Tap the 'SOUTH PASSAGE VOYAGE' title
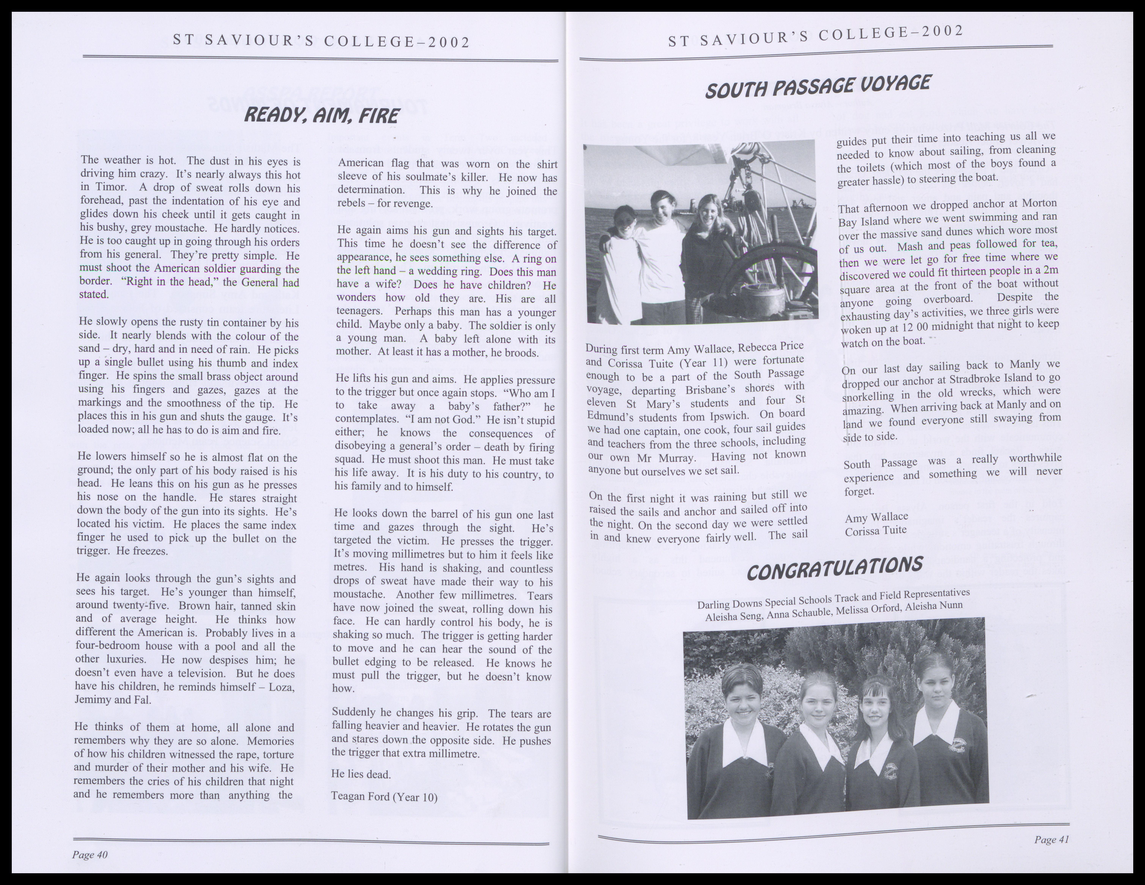pos(818,87)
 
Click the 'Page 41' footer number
pos(1051,839)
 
